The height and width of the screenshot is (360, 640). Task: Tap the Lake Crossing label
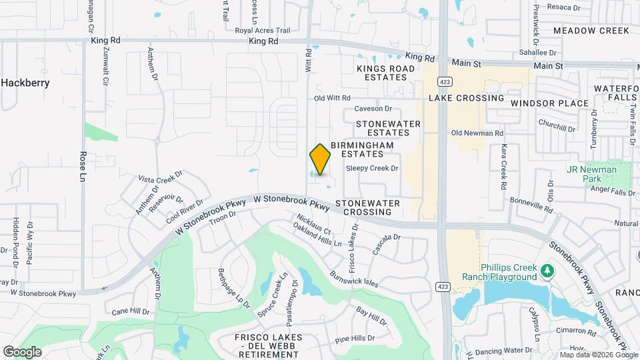[466, 98]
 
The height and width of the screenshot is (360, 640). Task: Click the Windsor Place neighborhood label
[550, 103]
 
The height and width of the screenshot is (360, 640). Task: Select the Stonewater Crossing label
[367, 207]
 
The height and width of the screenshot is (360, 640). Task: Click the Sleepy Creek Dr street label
[371, 169]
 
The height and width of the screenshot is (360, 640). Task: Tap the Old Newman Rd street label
[477, 133]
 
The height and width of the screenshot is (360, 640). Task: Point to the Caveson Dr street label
[373, 109]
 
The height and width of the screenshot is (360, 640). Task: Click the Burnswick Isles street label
[353, 277]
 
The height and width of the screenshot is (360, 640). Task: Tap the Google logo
[22, 351]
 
